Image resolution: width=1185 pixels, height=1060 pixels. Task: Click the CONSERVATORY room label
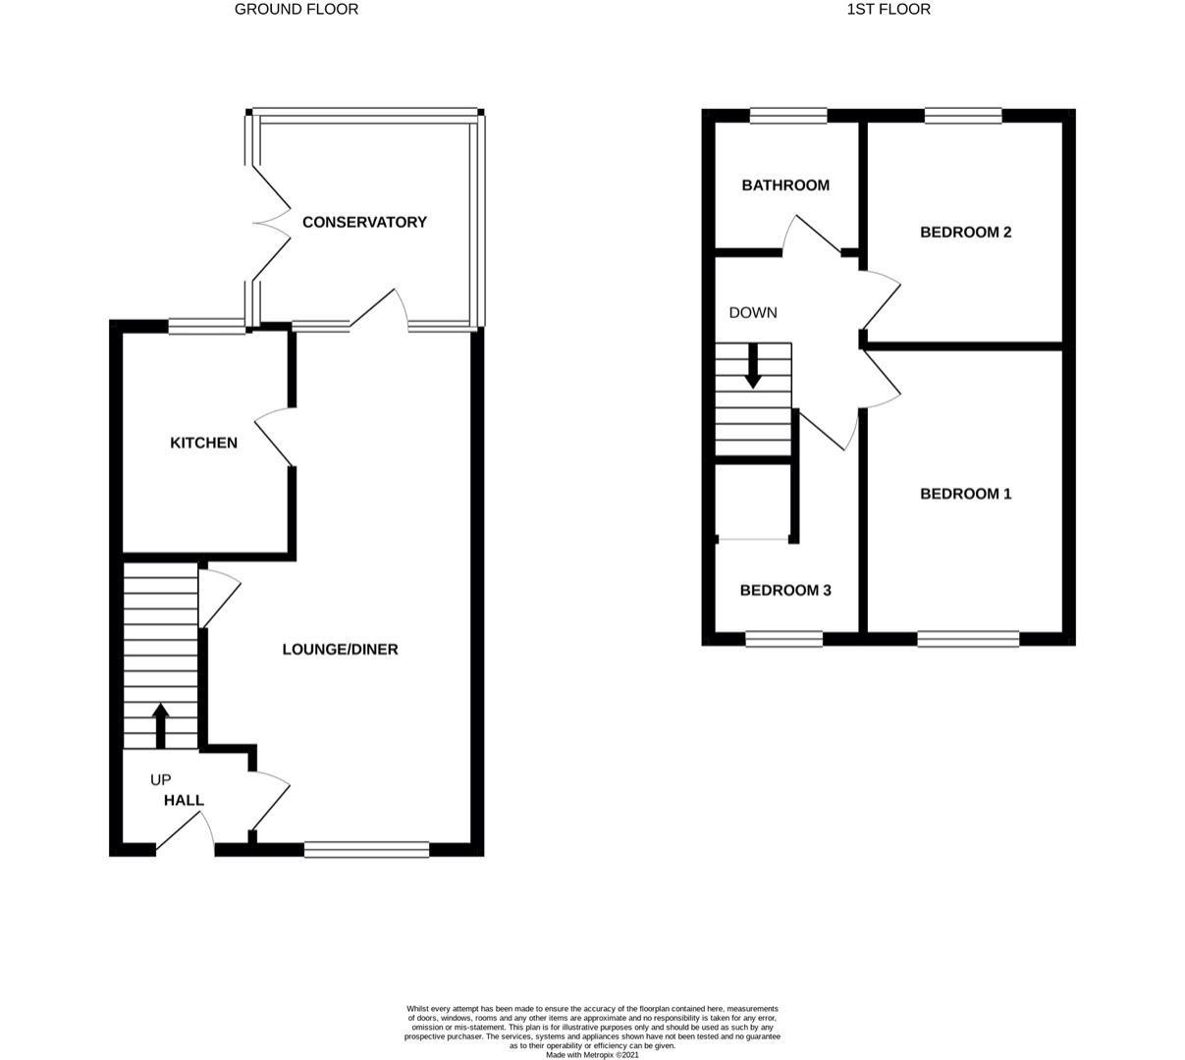pyautogui.click(x=364, y=222)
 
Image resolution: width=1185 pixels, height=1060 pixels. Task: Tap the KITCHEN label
pyautogui.click(x=203, y=443)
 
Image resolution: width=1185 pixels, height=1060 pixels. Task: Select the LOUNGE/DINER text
pyautogui.click(x=340, y=649)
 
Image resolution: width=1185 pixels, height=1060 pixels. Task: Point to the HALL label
pyautogui.click(x=184, y=800)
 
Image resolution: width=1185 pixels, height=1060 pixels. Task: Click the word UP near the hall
pyautogui.click(x=160, y=780)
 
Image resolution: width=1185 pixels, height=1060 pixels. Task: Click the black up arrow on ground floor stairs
pyautogui.click(x=160, y=724)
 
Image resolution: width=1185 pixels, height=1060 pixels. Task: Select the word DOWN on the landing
pyautogui.click(x=753, y=312)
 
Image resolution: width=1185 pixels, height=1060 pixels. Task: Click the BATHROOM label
pyautogui.click(x=784, y=185)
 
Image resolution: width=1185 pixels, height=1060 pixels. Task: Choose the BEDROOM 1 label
pyautogui.click(x=965, y=494)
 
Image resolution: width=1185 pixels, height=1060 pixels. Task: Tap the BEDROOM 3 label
pyautogui.click(x=785, y=590)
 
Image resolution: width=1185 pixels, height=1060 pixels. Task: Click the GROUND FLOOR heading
pyautogui.click(x=296, y=9)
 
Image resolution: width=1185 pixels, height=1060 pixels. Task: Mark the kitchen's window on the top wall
pyautogui.click(x=206, y=327)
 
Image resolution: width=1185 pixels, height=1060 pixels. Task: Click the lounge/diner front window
pyautogui.click(x=366, y=849)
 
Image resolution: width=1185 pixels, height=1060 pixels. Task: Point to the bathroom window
pyautogui.click(x=788, y=116)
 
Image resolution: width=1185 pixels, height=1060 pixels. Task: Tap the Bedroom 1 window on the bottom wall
pyautogui.click(x=968, y=639)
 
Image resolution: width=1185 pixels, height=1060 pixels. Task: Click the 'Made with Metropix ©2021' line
pyautogui.click(x=592, y=1055)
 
